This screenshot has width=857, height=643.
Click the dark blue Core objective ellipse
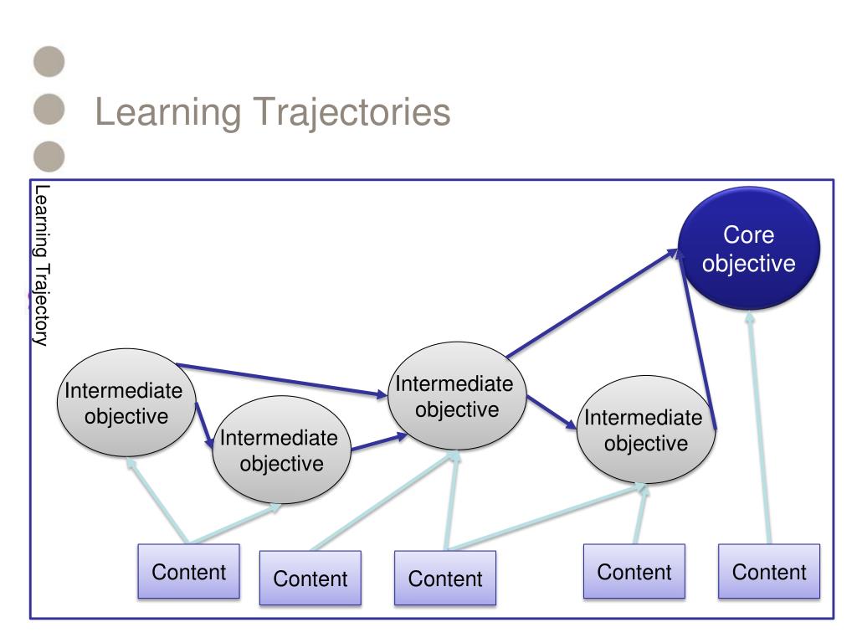coord(749,249)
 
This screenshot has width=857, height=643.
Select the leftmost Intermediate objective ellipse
coord(126,403)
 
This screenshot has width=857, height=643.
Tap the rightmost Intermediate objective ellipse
coord(645,430)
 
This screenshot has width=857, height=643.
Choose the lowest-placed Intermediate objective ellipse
coord(281,450)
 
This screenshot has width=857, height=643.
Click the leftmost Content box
coord(188,571)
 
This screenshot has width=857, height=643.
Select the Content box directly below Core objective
coord(769,571)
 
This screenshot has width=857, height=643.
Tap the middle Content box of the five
coord(445,578)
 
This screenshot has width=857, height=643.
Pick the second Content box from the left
coord(310,578)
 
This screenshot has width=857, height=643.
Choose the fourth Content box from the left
coord(634,571)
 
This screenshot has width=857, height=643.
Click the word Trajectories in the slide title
coord(352,113)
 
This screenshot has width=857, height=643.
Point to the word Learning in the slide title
coord(168,113)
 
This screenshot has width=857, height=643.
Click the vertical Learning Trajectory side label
coord(42,265)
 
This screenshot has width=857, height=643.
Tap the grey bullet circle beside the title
coord(49,109)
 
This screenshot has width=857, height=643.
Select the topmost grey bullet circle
coord(49,61)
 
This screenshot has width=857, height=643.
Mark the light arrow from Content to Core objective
coord(759,427)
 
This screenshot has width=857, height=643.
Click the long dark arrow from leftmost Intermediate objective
coord(282,379)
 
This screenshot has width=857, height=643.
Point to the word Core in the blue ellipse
coord(749,235)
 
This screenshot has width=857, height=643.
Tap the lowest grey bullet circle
coord(49,157)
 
